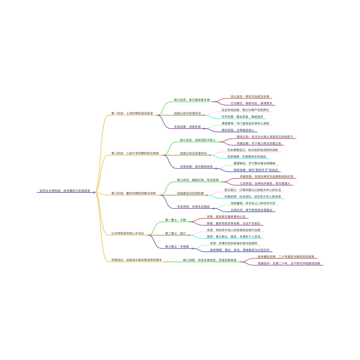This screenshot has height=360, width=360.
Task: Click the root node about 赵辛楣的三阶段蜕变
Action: pos(65,191)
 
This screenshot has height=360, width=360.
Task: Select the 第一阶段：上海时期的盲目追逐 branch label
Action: pos(132,113)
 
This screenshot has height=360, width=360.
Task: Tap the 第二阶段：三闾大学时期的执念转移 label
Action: pos(135,153)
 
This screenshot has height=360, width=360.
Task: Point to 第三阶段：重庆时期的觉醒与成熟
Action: pos(133,193)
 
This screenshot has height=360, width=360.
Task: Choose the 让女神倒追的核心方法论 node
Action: pos(128,233)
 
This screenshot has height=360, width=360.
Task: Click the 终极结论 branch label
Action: pos(136,260)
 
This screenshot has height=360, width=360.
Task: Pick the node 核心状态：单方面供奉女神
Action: pos(192,100)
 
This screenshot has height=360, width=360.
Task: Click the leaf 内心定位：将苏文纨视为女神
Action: pos(250,96)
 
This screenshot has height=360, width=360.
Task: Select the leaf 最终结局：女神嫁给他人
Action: pos(237,130)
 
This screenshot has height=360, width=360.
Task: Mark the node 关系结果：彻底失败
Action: pos(187,127)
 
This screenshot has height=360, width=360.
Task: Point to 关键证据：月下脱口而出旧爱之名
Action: pos(259,143)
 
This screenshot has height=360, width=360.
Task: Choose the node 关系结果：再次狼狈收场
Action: pos(196,166)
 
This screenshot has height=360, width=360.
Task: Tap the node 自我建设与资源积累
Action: pos(190,193)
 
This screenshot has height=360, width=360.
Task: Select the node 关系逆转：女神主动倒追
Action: pos(193,207)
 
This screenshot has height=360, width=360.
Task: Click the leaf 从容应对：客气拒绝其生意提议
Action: pos(251,210)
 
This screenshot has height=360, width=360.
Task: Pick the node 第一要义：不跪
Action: pos(175,220)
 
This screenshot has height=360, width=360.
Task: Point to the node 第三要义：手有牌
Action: pos(177,246)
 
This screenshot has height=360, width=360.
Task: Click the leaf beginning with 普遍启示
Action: pos(289,263)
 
